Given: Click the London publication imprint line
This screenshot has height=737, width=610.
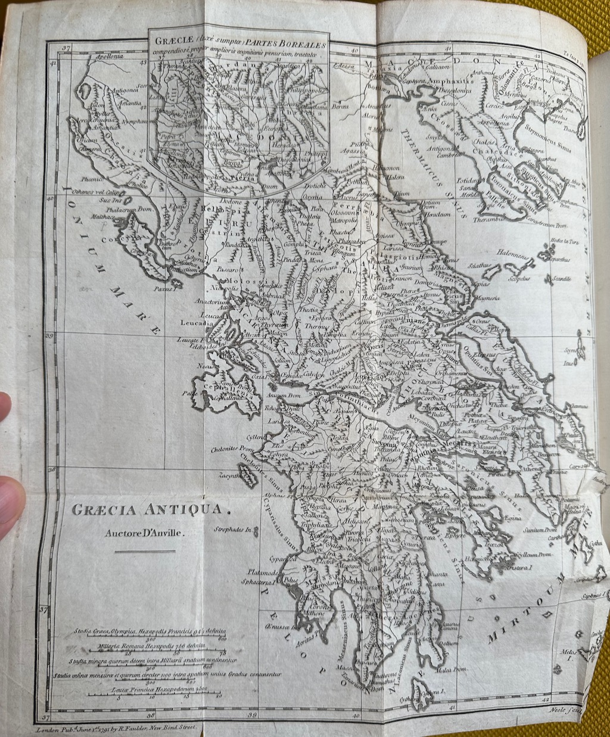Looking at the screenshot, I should (x=119, y=728).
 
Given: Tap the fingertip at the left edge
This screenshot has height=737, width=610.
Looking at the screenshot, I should (x=9, y=495).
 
